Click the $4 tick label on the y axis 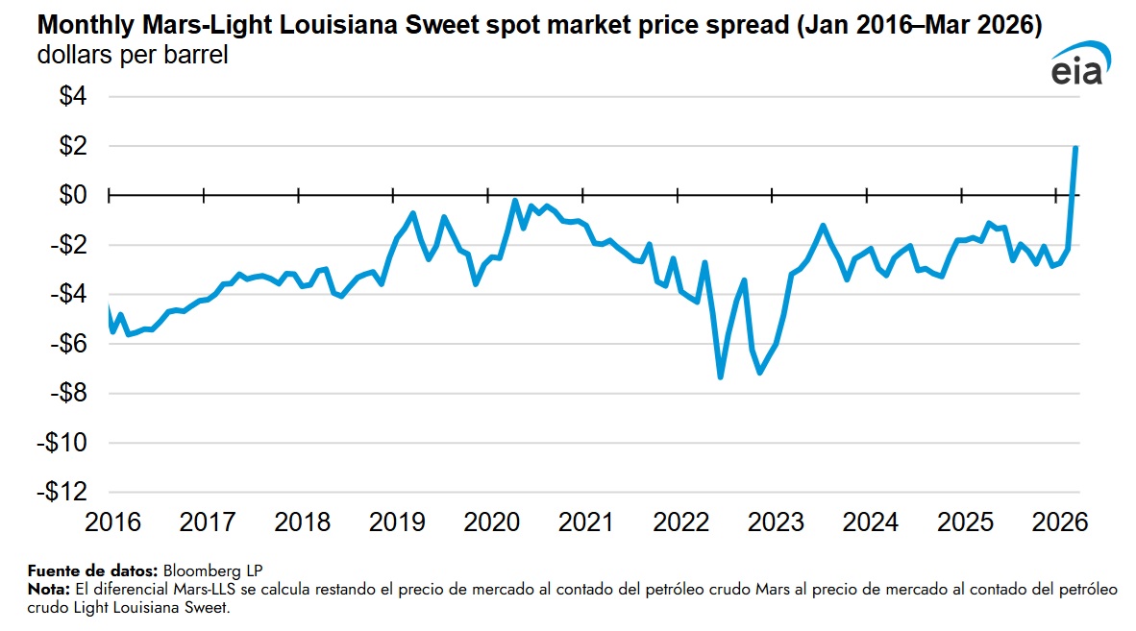pyautogui.click(x=73, y=97)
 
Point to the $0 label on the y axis pyautogui.click(x=73, y=196)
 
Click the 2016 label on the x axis pyautogui.click(x=112, y=523)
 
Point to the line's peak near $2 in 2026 pyautogui.click(x=1075, y=148)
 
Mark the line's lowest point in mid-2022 pyautogui.click(x=720, y=376)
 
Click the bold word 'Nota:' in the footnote pyautogui.click(x=48, y=588)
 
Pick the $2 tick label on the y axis pyautogui.click(x=73, y=147)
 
